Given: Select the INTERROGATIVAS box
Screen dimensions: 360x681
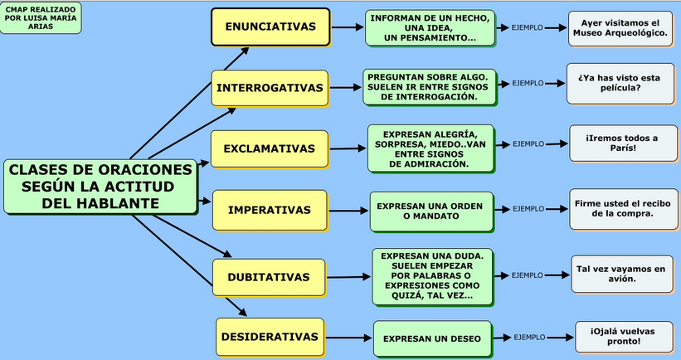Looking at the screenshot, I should pyautogui.click(x=270, y=88).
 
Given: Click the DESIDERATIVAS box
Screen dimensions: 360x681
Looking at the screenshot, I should pyautogui.click(x=270, y=337).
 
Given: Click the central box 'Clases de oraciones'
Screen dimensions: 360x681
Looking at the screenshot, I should pyautogui.click(x=101, y=186).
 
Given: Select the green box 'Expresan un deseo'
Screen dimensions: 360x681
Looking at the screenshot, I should pyautogui.click(x=433, y=338).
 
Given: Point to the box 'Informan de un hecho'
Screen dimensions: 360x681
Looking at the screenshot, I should pyautogui.click(x=430, y=27).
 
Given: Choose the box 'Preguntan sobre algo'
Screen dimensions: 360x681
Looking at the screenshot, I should pyautogui.click(x=429, y=86).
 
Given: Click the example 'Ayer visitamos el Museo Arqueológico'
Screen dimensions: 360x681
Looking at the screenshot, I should pyautogui.click(x=619, y=28).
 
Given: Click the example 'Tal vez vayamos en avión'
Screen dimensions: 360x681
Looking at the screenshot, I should pyautogui.click(x=621, y=274).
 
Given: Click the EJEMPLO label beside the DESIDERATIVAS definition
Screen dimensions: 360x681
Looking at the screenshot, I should pyautogui.click(x=529, y=338).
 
